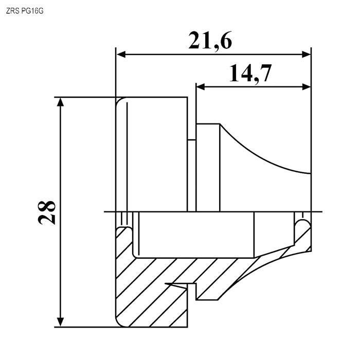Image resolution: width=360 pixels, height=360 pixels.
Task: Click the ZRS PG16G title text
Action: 25,11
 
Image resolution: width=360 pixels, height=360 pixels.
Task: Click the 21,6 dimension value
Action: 210,41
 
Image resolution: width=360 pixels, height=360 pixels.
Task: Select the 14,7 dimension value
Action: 250,74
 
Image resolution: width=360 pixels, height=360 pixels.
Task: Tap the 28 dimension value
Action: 47,212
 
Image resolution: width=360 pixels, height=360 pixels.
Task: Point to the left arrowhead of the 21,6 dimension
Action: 121,55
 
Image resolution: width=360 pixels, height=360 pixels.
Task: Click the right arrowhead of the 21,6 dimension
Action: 307,55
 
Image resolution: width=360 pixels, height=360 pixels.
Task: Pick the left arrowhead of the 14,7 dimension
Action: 201,87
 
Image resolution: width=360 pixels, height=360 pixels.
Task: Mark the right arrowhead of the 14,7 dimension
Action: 307,87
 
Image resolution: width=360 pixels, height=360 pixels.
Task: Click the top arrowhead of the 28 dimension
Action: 60,102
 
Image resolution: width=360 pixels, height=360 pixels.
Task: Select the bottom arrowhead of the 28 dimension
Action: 60,322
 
